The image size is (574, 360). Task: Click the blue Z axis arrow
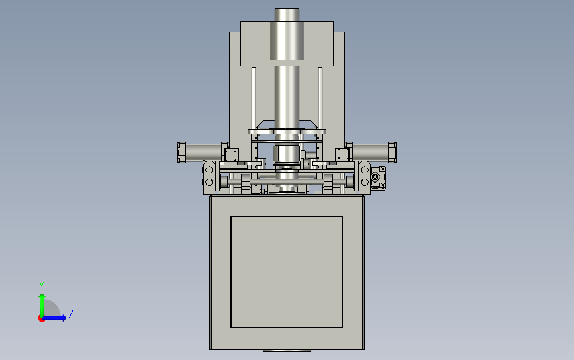(55, 318)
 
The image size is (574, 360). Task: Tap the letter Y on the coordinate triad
(42, 286)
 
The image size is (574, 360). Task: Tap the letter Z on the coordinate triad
(71, 314)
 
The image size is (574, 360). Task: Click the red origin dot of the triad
(41, 319)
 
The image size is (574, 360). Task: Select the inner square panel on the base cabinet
(287, 272)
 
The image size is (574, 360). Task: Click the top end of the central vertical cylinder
(287, 9)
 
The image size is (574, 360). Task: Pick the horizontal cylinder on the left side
(203, 152)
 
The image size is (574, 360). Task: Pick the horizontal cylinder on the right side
(370, 152)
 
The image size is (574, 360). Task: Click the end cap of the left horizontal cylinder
(181, 152)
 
